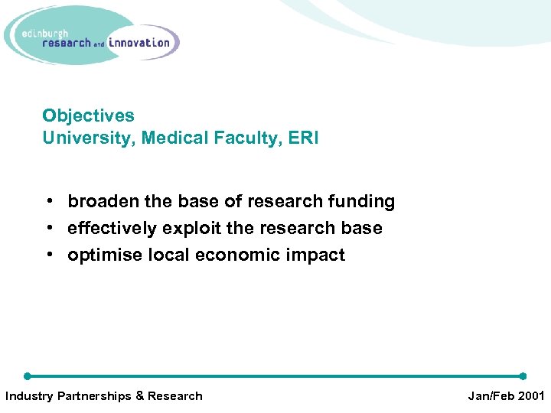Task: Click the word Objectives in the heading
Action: click(x=88, y=115)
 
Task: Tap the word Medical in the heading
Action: click(x=168, y=138)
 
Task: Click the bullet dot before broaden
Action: click(x=48, y=202)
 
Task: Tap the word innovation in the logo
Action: click(x=139, y=43)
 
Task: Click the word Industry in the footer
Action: click(x=30, y=396)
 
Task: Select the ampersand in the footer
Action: click(x=139, y=396)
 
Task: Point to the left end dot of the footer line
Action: click(x=27, y=376)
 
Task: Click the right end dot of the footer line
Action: click(x=523, y=376)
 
